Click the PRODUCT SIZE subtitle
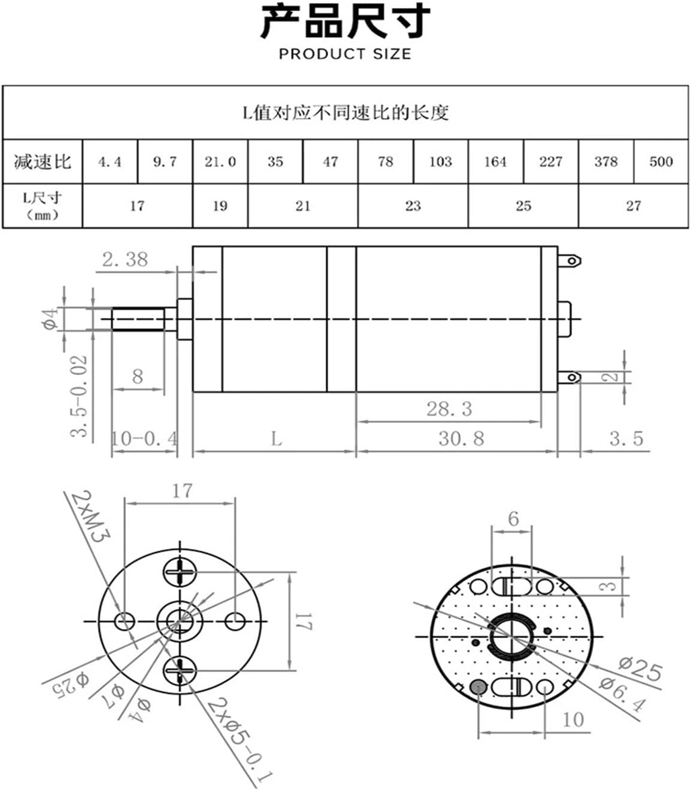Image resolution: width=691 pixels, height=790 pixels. [345, 54]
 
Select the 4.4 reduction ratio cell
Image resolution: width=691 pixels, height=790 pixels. [110, 161]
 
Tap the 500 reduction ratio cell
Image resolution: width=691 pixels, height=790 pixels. [660, 161]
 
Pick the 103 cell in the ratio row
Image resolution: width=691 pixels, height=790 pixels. [440, 161]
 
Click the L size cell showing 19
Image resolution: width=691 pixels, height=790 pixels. [220, 206]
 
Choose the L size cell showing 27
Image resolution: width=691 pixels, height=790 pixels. [633, 206]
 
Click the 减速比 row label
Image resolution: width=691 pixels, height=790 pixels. [42, 161]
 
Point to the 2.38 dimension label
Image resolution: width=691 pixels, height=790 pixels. [125, 260]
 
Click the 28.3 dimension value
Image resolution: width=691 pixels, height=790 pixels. [449, 409]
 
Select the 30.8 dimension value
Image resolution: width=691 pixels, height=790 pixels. [460, 438]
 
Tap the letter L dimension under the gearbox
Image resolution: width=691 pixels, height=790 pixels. [275, 440]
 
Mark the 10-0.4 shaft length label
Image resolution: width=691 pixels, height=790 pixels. [144, 439]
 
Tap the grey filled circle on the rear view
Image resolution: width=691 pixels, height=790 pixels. [478, 687]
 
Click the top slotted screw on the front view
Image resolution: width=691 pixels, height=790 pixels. [180, 573]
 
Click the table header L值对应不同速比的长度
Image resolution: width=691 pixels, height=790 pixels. [345, 112]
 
